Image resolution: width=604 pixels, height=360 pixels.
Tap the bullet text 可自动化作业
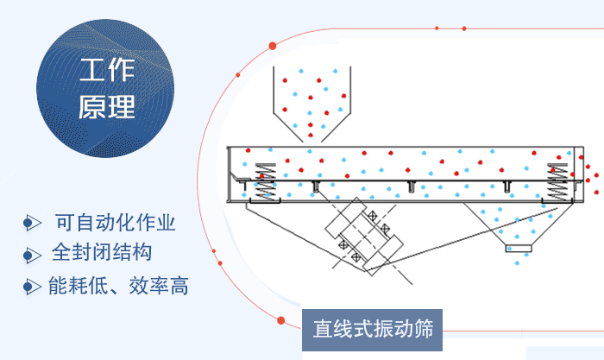pyautogui.click(x=115, y=222)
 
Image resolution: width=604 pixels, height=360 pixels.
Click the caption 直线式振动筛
pyautogui.click(x=372, y=328)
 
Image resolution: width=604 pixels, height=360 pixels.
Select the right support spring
pyautogui.click(x=560, y=181)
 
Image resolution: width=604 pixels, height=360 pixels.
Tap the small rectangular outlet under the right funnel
pyautogui.click(x=518, y=249)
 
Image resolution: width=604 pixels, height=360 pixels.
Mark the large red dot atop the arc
pyautogui.click(x=273, y=45)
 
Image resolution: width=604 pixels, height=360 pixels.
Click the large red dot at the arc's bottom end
pyautogui.click(x=281, y=320)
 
